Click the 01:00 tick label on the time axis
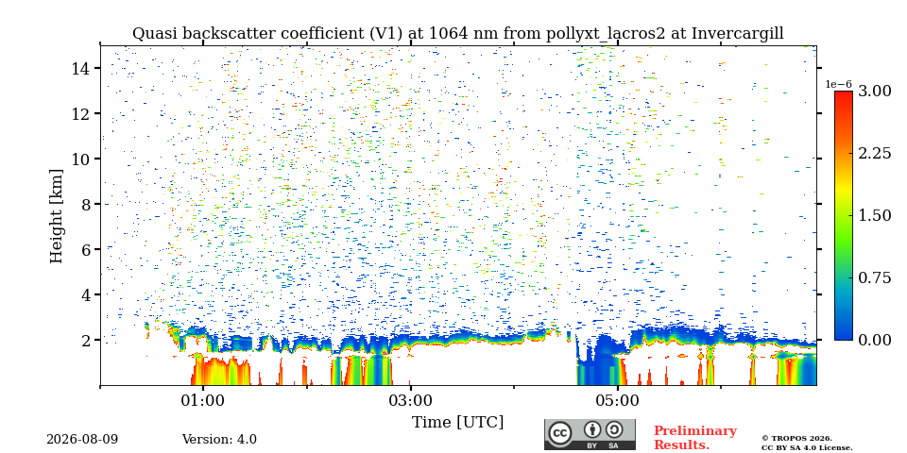(202, 400)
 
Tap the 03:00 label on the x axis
(410, 400)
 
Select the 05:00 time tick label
(618, 400)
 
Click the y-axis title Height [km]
(56, 216)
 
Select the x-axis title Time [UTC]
(457, 423)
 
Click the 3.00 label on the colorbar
(874, 92)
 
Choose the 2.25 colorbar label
(874, 153)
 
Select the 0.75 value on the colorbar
(874, 277)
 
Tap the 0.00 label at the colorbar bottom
(874, 340)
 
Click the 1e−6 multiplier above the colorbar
(838, 84)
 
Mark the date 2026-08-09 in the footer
(82, 440)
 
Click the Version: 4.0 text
(219, 440)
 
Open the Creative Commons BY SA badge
(590, 434)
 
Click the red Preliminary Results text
(695, 438)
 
